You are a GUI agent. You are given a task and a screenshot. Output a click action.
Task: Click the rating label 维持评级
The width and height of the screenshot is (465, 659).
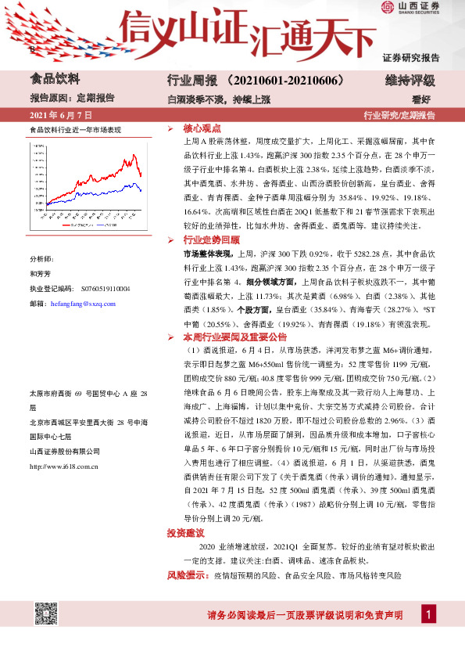(410, 81)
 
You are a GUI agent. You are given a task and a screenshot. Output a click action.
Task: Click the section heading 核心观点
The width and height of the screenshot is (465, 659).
(202, 128)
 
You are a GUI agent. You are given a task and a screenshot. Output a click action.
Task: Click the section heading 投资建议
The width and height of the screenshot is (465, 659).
(186, 533)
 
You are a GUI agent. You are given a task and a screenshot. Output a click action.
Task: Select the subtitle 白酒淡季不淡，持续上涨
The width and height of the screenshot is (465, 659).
(219, 99)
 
